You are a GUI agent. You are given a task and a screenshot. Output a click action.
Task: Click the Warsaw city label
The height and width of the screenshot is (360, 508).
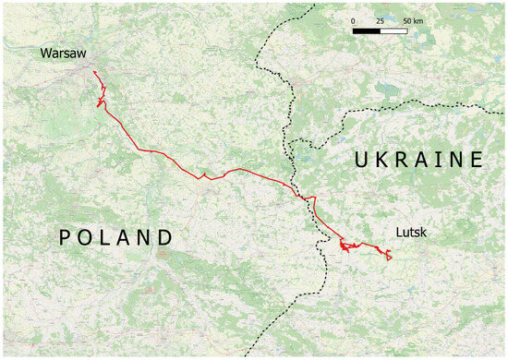point(63,54)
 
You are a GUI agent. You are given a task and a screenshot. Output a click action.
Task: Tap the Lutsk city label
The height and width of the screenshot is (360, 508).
point(410,233)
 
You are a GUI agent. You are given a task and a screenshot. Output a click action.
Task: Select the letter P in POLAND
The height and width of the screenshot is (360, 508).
point(67,238)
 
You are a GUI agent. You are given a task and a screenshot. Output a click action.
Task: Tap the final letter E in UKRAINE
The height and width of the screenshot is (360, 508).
point(476,160)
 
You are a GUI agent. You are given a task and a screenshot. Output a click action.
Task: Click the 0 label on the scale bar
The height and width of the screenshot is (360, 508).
point(354,19)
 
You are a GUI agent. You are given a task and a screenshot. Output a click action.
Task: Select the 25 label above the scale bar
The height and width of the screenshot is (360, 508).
point(380,19)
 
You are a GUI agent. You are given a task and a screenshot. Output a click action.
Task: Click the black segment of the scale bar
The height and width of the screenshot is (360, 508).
point(367,30)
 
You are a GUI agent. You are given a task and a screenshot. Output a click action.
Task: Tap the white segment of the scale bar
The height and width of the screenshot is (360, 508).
point(394,30)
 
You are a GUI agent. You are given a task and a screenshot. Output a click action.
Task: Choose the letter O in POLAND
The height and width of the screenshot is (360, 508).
point(86,238)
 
